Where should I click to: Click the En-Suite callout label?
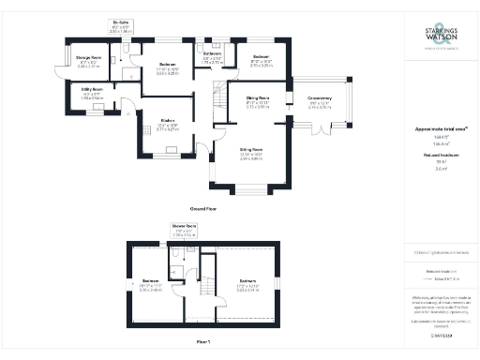click(121, 23)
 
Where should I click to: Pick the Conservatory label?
click(319, 104)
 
